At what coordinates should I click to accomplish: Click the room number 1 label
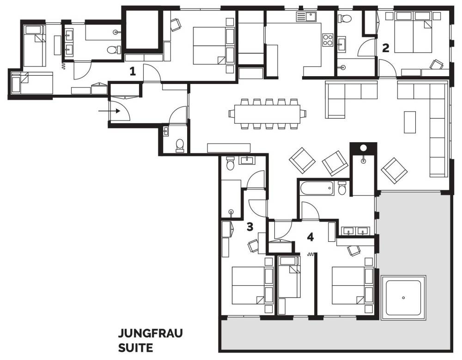(133, 71)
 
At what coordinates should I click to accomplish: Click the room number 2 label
(386, 48)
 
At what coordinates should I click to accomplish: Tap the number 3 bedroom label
(250, 227)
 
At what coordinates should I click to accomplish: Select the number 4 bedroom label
(310, 237)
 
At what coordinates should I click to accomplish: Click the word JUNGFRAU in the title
(150, 333)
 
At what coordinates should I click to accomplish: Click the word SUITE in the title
(135, 348)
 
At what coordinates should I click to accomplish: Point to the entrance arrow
(109, 111)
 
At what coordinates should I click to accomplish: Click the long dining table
(267, 114)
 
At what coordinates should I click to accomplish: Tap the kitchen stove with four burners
(328, 40)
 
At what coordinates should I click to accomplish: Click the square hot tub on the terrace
(403, 298)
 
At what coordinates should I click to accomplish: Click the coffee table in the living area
(409, 122)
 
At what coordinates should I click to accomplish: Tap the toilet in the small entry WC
(179, 145)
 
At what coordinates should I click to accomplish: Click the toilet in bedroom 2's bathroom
(345, 18)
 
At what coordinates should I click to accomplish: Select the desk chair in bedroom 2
(437, 65)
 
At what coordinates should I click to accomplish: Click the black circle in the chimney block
(364, 148)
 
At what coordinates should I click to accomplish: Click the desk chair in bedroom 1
(176, 24)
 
